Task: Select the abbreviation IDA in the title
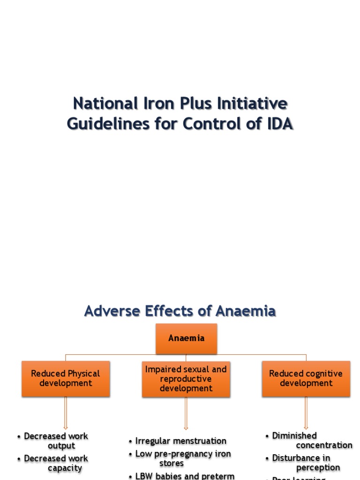277,124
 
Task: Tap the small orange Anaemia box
186,338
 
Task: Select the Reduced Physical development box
66,378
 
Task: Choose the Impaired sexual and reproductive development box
186,379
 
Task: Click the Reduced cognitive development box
306,378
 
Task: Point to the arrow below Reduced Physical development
66,413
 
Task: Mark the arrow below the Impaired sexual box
186,413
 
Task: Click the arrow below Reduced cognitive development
306,413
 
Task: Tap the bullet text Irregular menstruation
180,441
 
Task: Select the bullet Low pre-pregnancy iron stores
183,458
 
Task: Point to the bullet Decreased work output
56,441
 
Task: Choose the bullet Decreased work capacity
56,463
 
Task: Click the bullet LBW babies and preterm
185,476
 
